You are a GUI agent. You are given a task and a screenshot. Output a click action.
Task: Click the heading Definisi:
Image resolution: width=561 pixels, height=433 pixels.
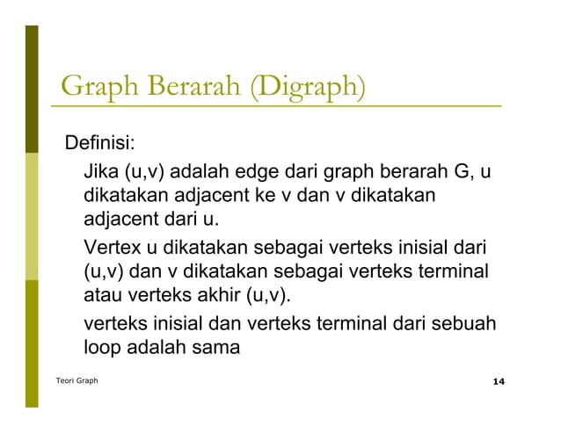(97, 141)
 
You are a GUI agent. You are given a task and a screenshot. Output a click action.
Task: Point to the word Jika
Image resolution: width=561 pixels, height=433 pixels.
(101, 168)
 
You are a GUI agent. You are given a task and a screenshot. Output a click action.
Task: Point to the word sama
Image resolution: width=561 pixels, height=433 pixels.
(216, 347)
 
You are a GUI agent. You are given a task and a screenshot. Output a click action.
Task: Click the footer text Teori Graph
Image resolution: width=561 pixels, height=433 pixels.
(77, 381)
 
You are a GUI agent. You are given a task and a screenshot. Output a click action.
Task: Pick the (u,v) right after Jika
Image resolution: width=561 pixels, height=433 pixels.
(147, 168)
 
